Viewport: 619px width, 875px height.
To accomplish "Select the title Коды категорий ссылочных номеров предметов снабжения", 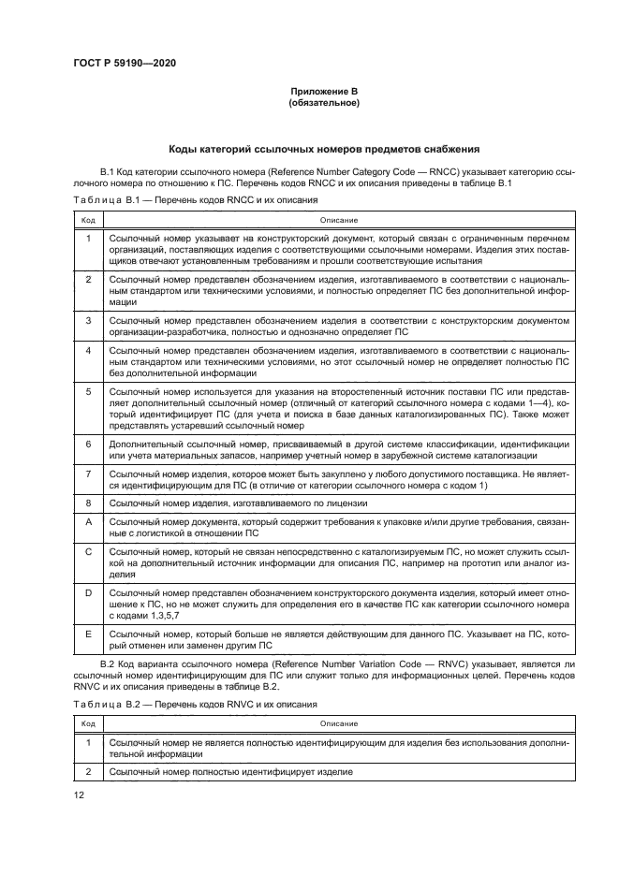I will (x=324, y=148).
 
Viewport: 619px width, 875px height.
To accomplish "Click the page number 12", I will (x=80, y=794).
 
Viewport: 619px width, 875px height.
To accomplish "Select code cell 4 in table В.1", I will (x=88, y=350).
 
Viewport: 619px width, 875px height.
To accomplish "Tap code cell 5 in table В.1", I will (x=88, y=391).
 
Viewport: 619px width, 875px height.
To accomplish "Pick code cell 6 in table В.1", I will (x=88, y=444).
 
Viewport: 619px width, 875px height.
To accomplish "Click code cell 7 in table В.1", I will (x=88, y=474).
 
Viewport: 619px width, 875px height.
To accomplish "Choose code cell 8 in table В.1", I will (x=88, y=503).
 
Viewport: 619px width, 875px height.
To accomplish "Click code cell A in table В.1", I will (x=88, y=521).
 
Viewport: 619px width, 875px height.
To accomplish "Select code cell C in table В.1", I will (x=88, y=552).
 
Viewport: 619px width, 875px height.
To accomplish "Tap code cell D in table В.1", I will (x=88, y=593).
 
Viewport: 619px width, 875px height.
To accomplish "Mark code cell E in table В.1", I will (x=88, y=634).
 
